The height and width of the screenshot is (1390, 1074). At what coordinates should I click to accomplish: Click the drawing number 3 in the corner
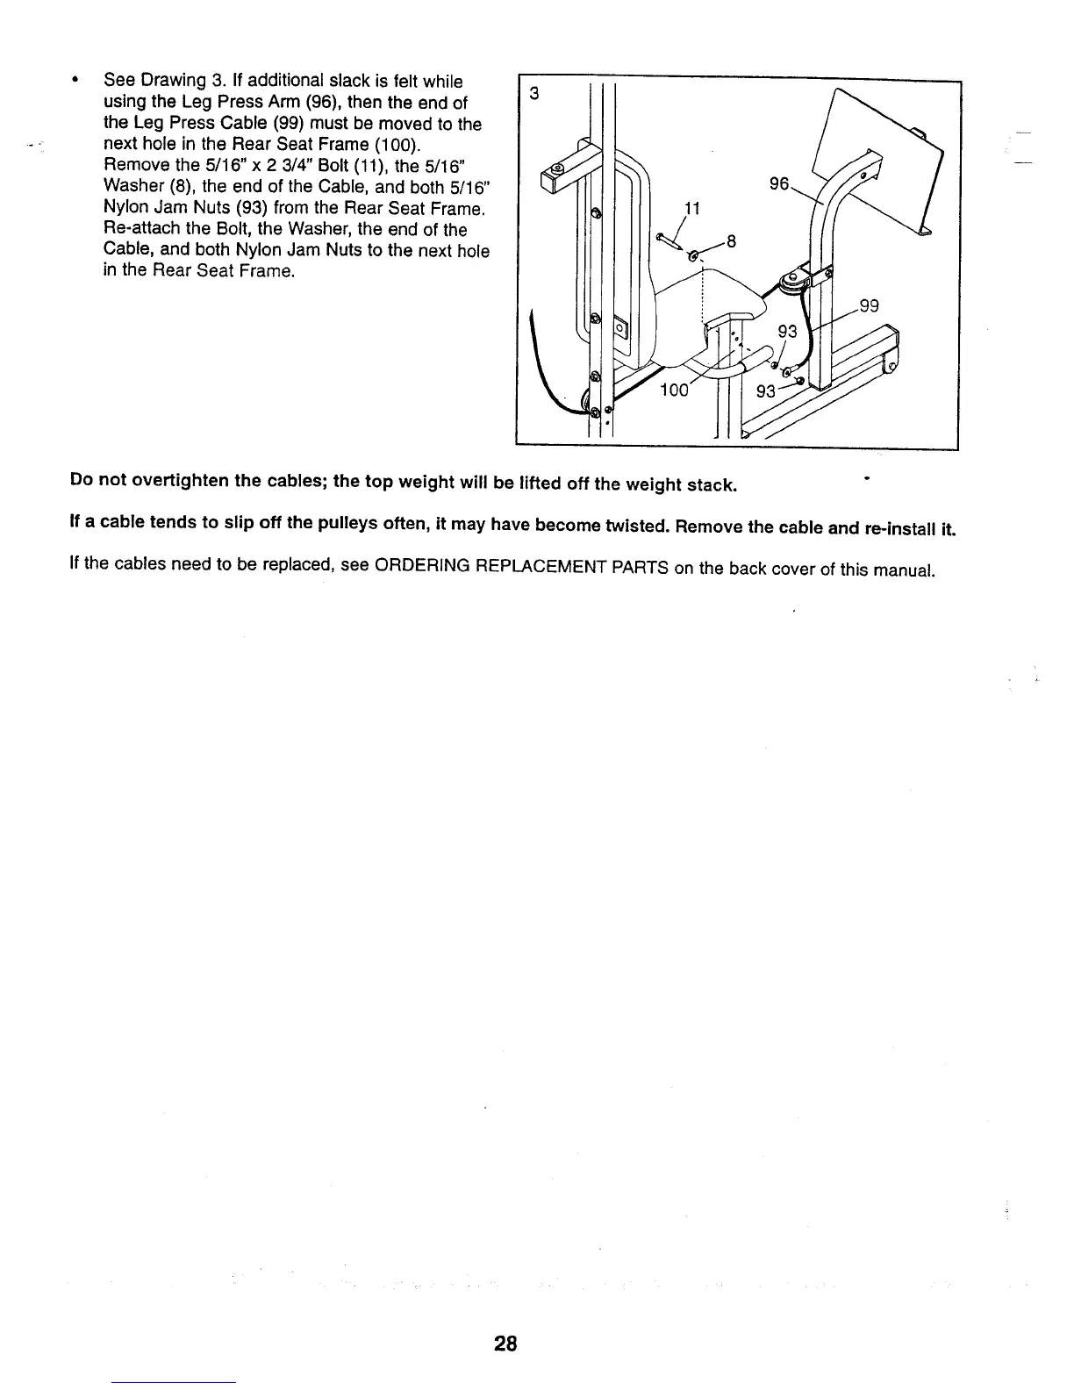point(528,94)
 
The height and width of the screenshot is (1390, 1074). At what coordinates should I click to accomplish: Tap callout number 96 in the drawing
point(779,183)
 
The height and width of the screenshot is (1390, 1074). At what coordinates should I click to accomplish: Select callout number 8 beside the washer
point(729,241)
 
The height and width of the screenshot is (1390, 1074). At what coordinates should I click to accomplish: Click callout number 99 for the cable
point(869,305)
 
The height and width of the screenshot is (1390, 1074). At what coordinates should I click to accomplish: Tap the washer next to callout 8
point(696,256)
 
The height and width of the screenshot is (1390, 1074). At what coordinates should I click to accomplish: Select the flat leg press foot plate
point(877,158)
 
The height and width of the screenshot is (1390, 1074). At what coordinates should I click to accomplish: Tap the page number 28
point(505,1343)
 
